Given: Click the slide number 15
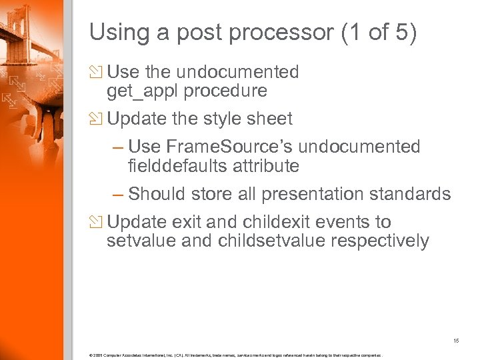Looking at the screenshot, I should tap(456, 340).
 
